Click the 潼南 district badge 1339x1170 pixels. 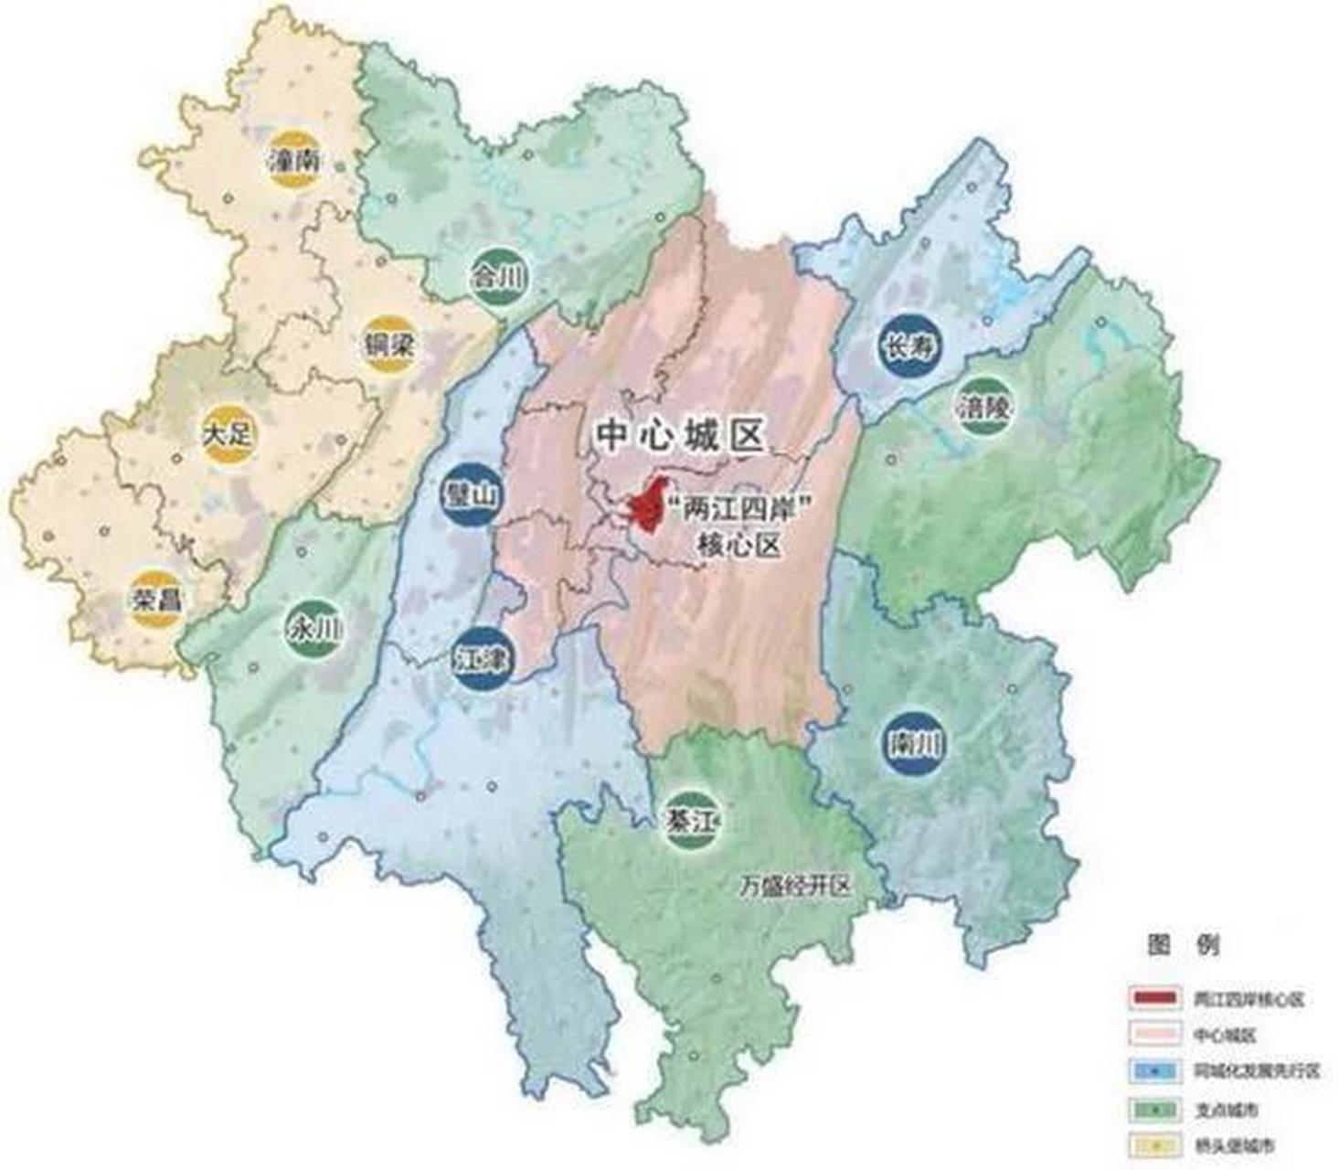[294, 162]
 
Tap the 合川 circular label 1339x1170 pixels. [497, 275]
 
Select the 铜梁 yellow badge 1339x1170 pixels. [388, 345]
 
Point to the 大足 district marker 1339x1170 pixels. [226, 432]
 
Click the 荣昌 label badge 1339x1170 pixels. [154, 599]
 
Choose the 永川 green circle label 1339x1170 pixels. [313, 628]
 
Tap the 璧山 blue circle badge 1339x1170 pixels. [470, 495]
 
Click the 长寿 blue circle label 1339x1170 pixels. [909, 346]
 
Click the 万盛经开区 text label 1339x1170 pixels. [795, 886]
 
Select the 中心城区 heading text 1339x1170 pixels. [679, 435]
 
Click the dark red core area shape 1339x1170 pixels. [651, 505]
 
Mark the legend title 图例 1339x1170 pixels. [1183, 945]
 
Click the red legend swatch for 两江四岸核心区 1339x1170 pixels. [1155, 998]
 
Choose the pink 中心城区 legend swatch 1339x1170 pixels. [1155, 1035]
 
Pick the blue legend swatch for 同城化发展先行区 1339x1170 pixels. [1155, 1071]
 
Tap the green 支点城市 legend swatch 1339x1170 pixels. [1155, 1109]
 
